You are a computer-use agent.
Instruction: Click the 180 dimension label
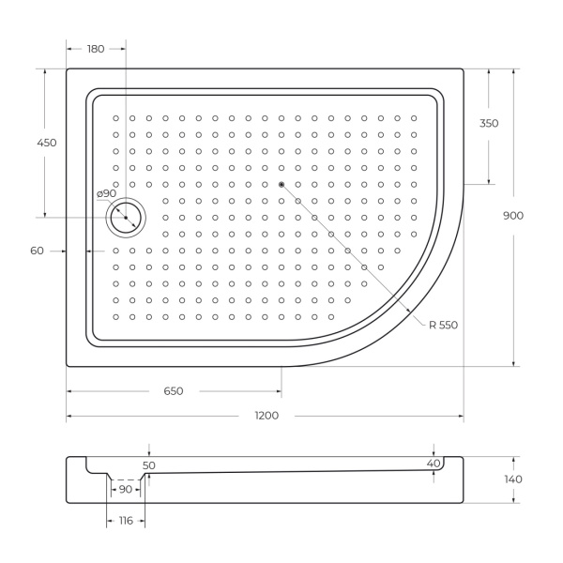(x=96, y=50)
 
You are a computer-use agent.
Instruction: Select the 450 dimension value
(x=47, y=143)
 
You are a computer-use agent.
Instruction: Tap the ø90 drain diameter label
(x=106, y=193)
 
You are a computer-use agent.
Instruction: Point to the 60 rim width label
(x=38, y=251)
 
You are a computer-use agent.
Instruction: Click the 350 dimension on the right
(x=488, y=124)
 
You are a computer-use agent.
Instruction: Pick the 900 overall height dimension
(x=513, y=216)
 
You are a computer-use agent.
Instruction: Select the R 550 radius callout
(x=443, y=325)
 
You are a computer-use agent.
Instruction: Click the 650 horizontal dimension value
(x=173, y=390)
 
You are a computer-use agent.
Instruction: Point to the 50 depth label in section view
(x=148, y=464)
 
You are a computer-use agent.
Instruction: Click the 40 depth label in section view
(x=433, y=464)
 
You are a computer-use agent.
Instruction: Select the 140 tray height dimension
(x=513, y=479)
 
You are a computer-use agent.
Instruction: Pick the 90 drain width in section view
(x=124, y=489)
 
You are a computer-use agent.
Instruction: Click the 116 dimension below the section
(x=124, y=520)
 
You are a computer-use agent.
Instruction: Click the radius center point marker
(x=281, y=184)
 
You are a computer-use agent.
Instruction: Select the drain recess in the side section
(x=125, y=474)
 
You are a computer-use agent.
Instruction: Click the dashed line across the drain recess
(x=125, y=479)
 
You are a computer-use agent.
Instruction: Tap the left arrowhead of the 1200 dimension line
(x=69, y=416)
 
